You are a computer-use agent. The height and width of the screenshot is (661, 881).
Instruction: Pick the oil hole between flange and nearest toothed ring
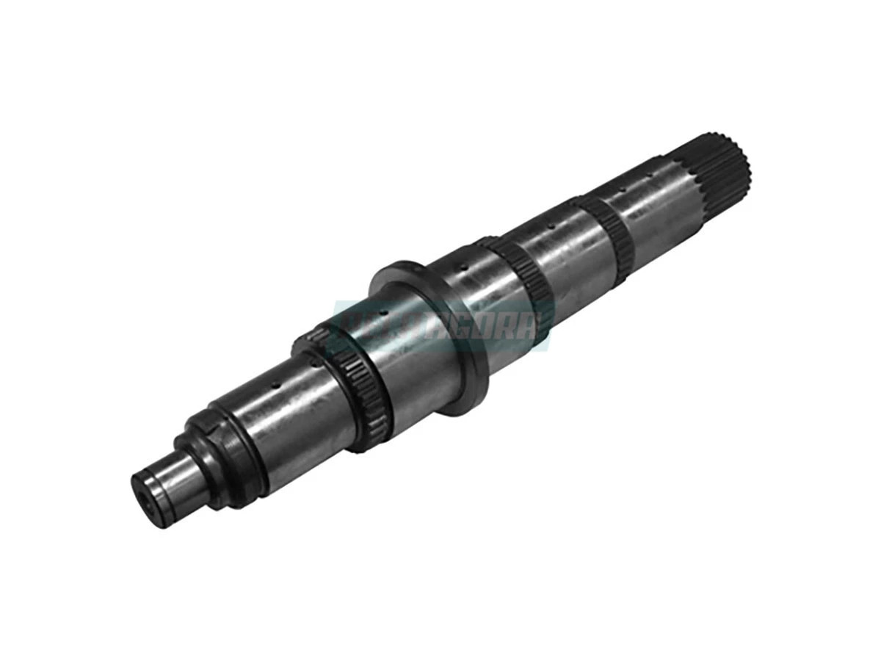(x=463, y=269)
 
